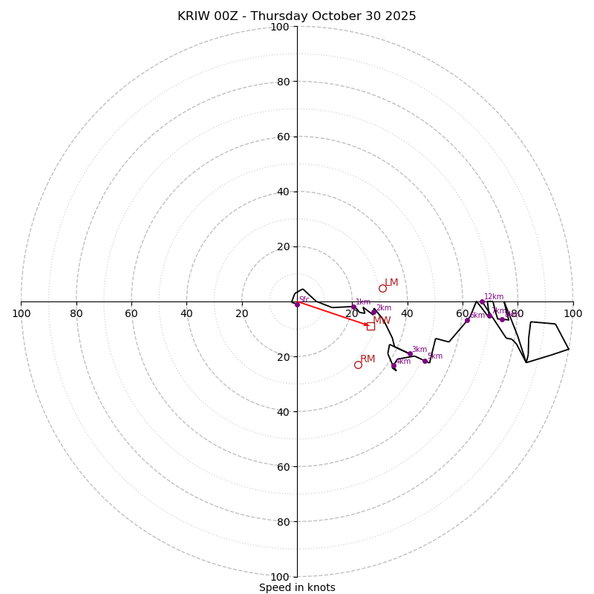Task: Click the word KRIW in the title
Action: pyautogui.click(x=194, y=16)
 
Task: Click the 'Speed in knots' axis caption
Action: pyautogui.click(x=297, y=587)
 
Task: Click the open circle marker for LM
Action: pyautogui.click(x=382, y=288)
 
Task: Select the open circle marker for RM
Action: pyautogui.click(x=358, y=365)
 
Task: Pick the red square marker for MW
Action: pyautogui.click(x=371, y=326)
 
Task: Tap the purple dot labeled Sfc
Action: pyautogui.click(x=297, y=304)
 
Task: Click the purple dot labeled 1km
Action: pyautogui.click(x=353, y=307)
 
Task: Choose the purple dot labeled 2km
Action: pyautogui.click(x=373, y=313)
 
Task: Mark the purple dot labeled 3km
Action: pyautogui.click(x=410, y=354)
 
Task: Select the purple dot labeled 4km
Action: pyautogui.click(x=394, y=366)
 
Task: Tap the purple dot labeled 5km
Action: pyautogui.click(x=425, y=361)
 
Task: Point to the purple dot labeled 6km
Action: pyautogui.click(x=467, y=320)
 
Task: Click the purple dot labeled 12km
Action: pyautogui.click(x=482, y=302)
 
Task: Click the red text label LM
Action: pyautogui.click(x=391, y=283)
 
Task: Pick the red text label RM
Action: pyautogui.click(x=368, y=359)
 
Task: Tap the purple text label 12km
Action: pyautogui.click(x=494, y=297)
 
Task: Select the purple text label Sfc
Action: pyautogui.click(x=304, y=299)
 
